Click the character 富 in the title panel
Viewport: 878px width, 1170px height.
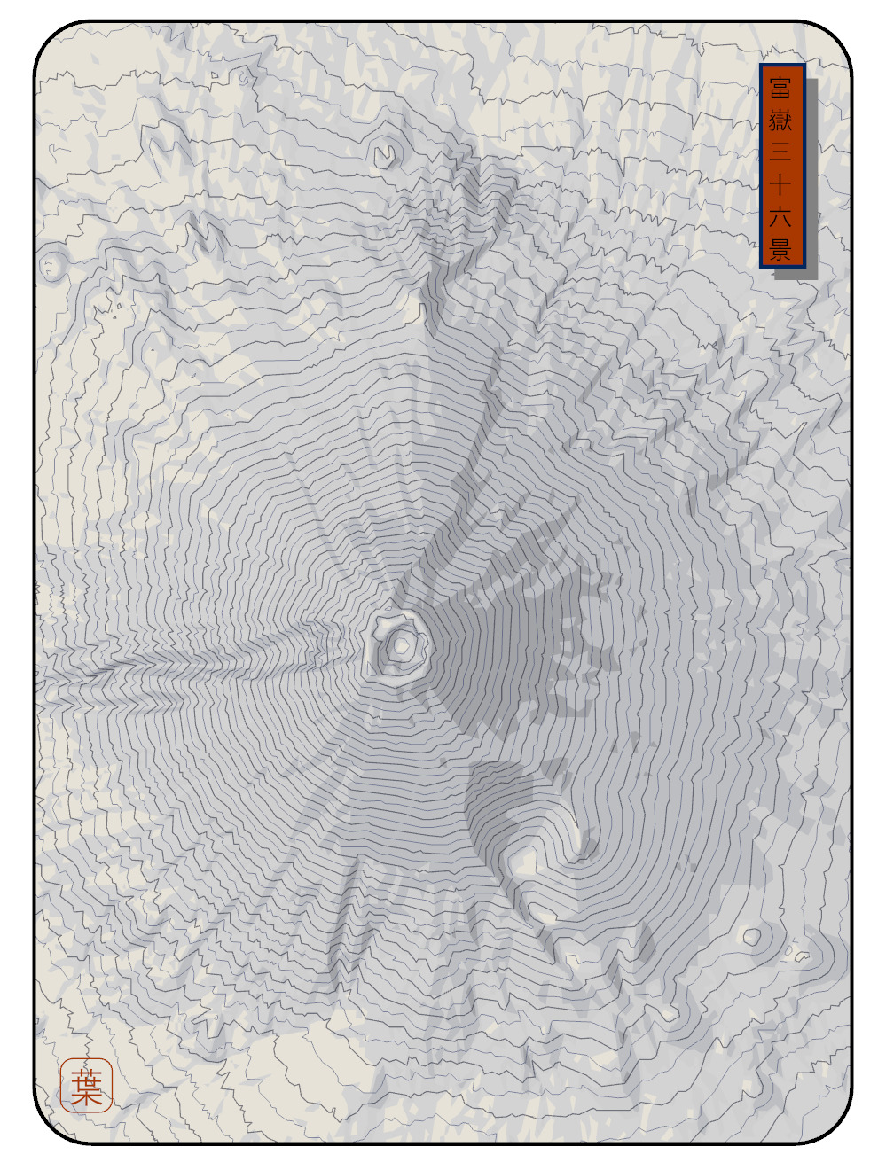tap(780, 88)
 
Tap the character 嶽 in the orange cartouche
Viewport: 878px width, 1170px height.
tap(780, 120)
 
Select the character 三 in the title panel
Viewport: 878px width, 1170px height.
tap(780, 152)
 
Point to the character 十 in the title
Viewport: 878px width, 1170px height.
tap(780, 184)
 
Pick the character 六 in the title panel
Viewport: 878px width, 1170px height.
tap(780, 217)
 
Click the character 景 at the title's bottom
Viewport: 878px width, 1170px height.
tap(780, 249)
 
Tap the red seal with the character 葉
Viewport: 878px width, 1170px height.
tap(86, 1085)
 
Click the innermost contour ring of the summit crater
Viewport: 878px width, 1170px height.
tap(402, 646)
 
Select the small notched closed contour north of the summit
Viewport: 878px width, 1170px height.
tap(384, 155)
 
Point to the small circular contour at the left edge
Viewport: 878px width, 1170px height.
tap(51, 265)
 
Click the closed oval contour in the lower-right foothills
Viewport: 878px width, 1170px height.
tap(752, 936)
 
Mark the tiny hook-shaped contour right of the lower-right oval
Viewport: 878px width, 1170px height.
tap(801, 955)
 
